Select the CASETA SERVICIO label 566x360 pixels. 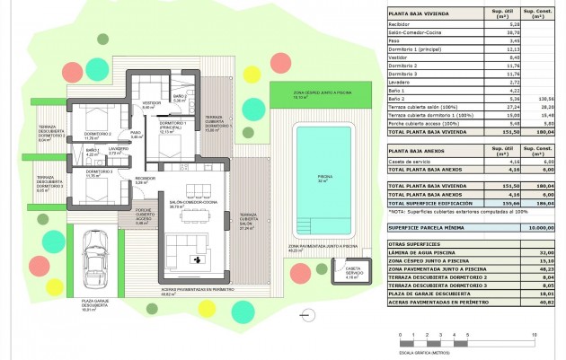click(x=353, y=273)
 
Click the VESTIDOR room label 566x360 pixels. click(x=152, y=104)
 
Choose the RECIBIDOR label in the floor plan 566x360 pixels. click(x=145, y=180)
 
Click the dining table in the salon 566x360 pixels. click(x=190, y=215)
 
